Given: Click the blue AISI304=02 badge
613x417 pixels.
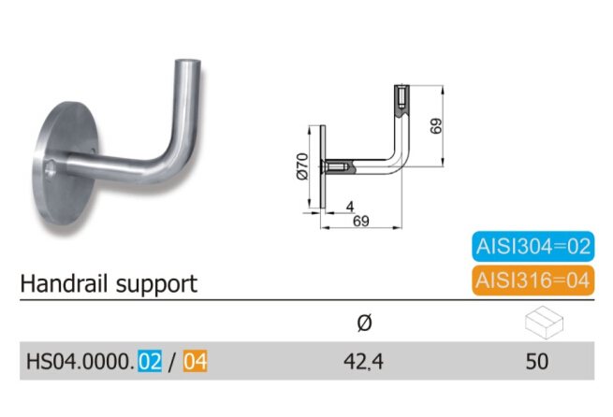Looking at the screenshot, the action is [533, 247].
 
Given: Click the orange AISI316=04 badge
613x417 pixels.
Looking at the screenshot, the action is [533, 280].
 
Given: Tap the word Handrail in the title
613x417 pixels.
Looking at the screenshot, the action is [65, 283].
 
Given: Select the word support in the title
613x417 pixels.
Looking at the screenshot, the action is [156, 285].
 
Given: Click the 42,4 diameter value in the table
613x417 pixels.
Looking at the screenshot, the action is [363, 362].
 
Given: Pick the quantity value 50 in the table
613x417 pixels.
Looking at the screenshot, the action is [537, 362].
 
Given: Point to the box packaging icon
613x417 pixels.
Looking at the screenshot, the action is [544, 323].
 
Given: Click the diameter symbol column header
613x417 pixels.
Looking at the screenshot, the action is [364, 323].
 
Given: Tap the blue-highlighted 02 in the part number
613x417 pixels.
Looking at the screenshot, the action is [150, 362].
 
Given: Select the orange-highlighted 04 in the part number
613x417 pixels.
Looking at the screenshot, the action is [195, 362].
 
